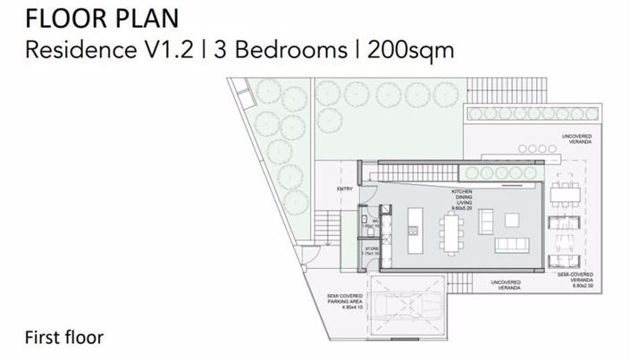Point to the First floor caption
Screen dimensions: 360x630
pos(64,337)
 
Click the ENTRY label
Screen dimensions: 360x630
pos(345,189)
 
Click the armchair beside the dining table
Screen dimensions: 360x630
pos(486,220)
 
